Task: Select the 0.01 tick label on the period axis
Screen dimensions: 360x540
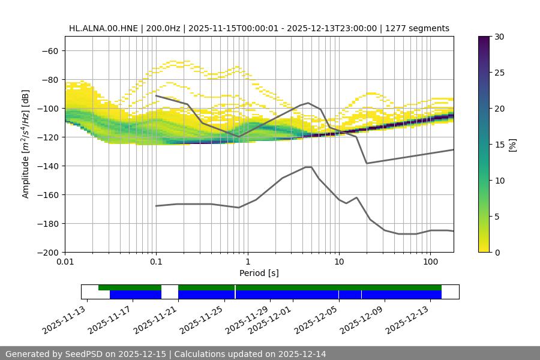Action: (65, 262)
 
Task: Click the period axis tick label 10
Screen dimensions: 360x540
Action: (339, 262)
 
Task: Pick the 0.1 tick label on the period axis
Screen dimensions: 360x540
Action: (156, 262)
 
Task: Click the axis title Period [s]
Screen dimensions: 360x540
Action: (259, 273)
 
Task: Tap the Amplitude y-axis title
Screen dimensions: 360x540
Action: (26, 144)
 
